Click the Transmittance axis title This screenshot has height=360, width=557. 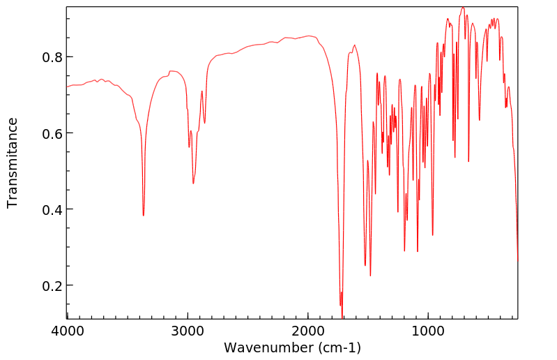point(13,163)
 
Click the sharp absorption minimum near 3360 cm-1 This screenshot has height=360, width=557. point(144,216)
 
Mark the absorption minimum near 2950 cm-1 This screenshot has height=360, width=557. point(193,183)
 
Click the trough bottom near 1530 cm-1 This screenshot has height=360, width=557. point(365,265)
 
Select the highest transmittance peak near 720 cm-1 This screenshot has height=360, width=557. point(462,8)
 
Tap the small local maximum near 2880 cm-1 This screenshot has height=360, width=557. point(202,91)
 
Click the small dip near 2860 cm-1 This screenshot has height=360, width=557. point(205,123)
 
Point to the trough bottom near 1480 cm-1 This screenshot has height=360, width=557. point(370,276)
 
